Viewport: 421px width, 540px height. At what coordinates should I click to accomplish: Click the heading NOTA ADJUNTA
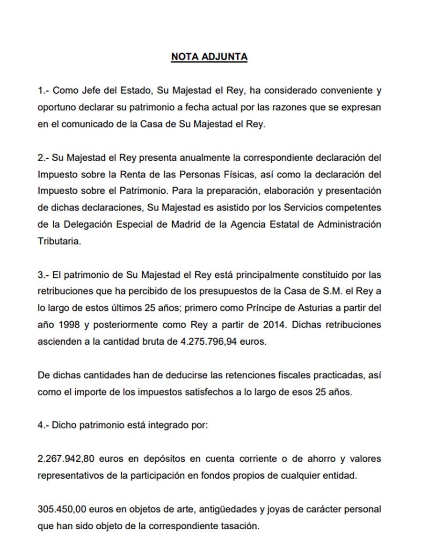point(209,57)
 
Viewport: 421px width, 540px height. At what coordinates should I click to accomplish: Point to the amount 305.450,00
point(59,509)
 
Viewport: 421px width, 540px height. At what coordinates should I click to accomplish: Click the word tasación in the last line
point(240,526)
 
